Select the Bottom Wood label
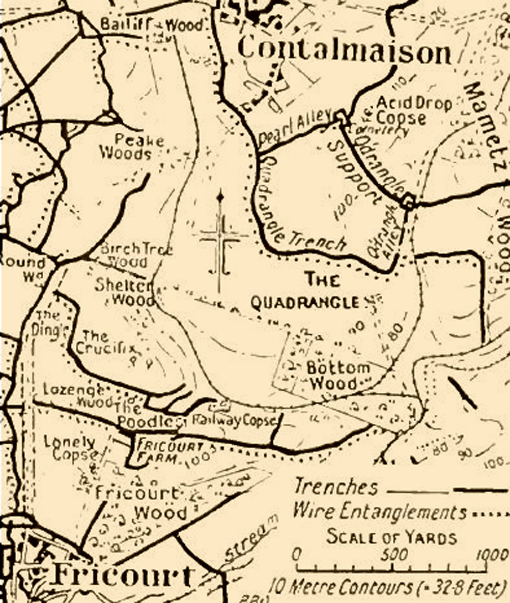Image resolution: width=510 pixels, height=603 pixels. click(x=330, y=376)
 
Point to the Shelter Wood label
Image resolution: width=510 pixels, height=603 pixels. click(x=125, y=292)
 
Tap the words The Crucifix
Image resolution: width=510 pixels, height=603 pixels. click(x=106, y=343)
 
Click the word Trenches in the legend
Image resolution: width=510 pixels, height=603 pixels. click(x=336, y=487)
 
